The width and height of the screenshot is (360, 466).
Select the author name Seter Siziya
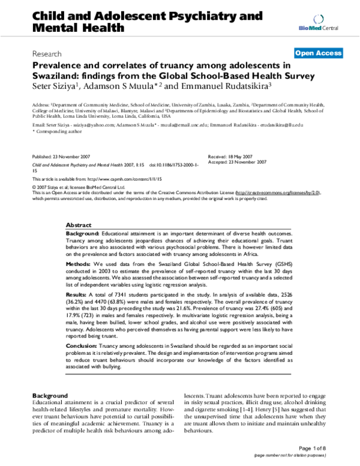52,86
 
